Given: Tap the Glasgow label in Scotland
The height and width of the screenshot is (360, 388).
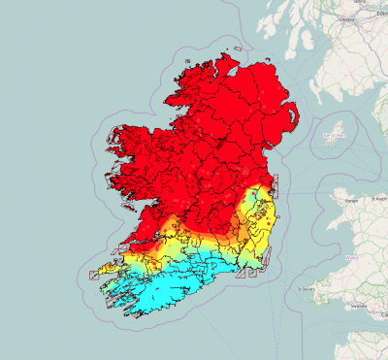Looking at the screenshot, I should coord(343,16).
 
